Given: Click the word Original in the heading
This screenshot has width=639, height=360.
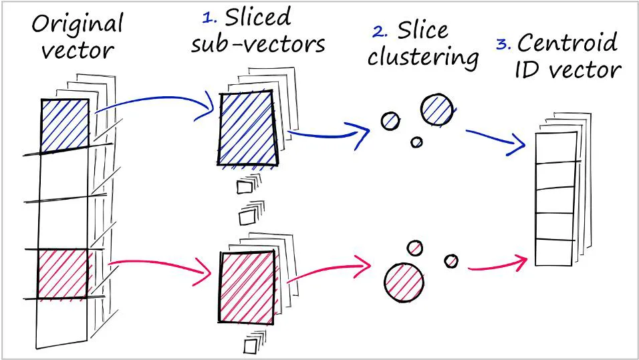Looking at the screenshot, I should [77, 25].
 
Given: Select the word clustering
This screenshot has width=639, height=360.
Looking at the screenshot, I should [422, 56].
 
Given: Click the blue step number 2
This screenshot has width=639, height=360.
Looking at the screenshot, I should [379, 31].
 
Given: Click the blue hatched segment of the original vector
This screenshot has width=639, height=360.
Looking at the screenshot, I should [65, 126].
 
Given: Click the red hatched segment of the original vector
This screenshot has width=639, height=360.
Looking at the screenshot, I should [63, 273].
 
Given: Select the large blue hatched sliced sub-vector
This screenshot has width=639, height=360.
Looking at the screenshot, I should [247, 127].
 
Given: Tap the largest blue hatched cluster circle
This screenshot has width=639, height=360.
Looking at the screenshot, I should [436, 109].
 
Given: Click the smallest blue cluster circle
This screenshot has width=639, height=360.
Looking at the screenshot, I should [416, 142].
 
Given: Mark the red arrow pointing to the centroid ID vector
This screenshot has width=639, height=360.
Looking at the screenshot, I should [498, 265].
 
